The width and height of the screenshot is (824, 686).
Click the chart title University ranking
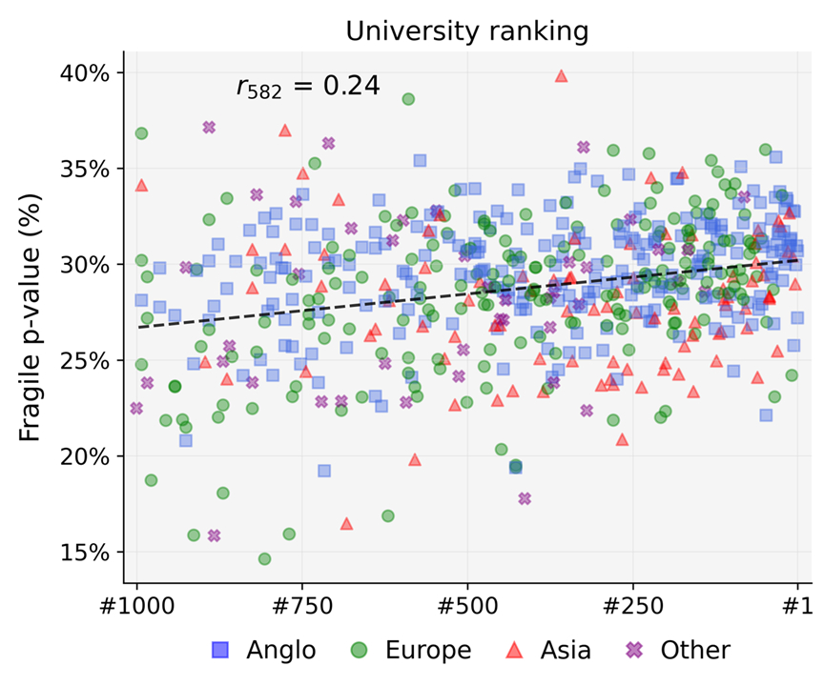(466, 30)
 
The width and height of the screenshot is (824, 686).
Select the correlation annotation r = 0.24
(308, 87)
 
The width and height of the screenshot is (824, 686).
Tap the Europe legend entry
(412, 651)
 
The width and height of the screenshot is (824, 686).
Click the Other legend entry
(676, 651)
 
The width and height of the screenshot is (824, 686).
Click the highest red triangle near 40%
(562, 75)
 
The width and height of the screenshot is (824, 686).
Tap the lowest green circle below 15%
(264, 558)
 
